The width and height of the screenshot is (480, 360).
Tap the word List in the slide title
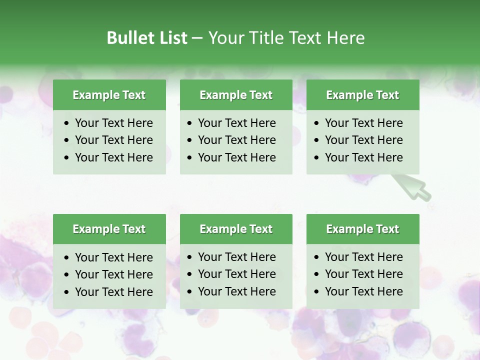click(171, 38)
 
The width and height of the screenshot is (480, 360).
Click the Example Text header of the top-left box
click(109, 95)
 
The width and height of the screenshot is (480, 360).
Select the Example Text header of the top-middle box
click(236, 95)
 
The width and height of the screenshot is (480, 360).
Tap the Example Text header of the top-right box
click(362, 95)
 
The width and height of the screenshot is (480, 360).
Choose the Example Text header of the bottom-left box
click(109, 229)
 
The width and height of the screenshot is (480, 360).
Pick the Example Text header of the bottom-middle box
click(236, 229)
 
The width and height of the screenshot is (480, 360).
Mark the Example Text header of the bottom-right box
click(362, 229)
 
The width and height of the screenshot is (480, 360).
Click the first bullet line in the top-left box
click(113, 123)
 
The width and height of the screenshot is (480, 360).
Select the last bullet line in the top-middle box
click(236, 157)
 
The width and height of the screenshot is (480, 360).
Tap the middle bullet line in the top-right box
click(363, 140)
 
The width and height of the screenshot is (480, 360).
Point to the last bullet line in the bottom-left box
click(113, 292)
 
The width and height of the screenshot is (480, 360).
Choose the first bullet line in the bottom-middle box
click(236, 257)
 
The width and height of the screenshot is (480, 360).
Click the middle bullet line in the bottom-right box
click(363, 274)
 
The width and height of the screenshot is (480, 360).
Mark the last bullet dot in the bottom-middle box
click(190, 292)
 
